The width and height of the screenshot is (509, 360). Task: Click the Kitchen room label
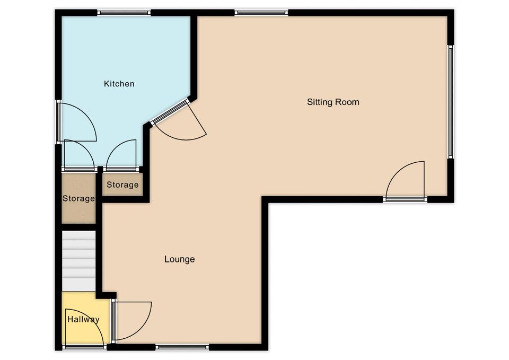click(x=119, y=84)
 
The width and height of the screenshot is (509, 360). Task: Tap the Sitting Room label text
click(x=333, y=102)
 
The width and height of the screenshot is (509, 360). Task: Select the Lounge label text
click(x=180, y=259)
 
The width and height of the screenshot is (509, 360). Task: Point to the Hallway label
click(x=83, y=319)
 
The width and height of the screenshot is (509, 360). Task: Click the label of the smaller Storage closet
click(x=122, y=185)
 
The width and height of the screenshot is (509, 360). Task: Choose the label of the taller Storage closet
click(x=78, y=198)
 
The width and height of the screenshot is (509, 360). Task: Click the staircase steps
click(x=78, y=261)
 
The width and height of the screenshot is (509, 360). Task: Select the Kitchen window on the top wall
click(x=124, y=13)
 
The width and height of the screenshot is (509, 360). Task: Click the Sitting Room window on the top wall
click(x=261, y=13)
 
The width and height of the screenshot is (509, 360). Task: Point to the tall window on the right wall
click(x=450, y=102)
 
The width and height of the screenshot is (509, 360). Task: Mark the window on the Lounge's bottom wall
click(x=182, y=347)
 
